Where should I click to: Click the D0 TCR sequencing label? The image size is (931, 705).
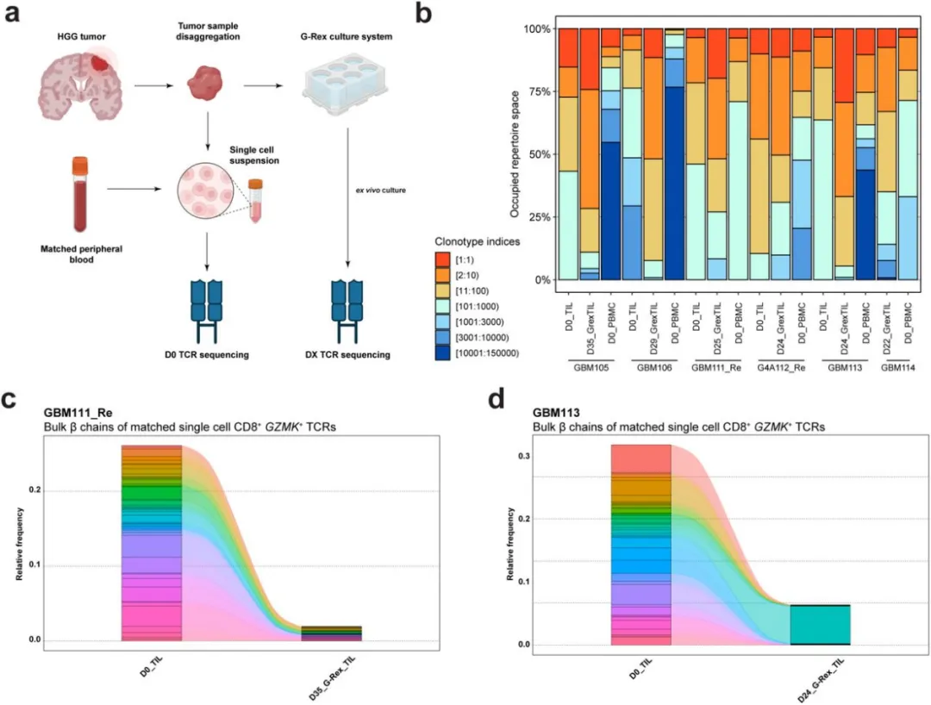(x=202, y=354)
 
